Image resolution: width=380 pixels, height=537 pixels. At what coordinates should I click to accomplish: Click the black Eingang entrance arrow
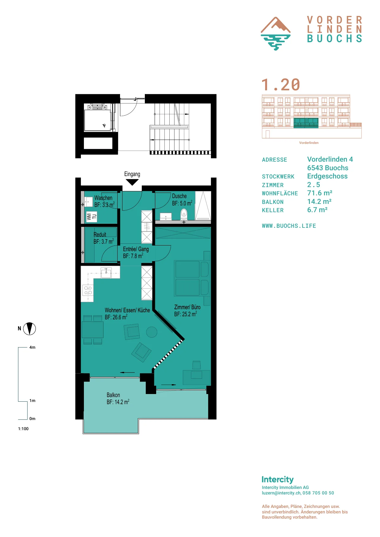(x=132, y=182)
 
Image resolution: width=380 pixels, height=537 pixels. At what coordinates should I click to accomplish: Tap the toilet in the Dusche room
(x=184, y=213)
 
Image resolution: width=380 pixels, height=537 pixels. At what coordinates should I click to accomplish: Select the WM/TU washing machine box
(x=92, y=217)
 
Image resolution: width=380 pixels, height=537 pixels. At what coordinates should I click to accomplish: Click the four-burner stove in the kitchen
(x=88, y=290)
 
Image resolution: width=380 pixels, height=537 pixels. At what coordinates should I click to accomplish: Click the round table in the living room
(x=152, y=332)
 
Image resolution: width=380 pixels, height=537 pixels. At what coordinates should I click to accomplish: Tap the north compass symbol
(x=30, y=329)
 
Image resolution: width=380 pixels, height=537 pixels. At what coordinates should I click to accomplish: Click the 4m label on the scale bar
(x=32, y=347)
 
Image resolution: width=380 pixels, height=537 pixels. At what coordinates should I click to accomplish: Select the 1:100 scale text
(x=23, y=429)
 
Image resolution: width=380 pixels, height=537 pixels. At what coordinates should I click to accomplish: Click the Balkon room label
(x=113, y=395)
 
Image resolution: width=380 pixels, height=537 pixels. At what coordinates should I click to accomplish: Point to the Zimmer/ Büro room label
(x=187, y=307)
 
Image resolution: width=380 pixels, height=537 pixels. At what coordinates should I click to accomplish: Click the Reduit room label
(x=100, y=235)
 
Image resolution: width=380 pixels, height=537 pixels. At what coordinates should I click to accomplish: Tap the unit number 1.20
(x=281, y=85)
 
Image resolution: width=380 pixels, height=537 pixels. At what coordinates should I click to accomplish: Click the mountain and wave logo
(x=276, y=33)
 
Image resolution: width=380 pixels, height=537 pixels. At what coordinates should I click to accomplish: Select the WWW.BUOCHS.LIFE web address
(x=289, y=226)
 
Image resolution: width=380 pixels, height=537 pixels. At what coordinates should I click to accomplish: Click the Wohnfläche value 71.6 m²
(x=320, y=193)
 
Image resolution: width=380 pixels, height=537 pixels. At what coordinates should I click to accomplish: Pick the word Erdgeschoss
(x=327, y=176)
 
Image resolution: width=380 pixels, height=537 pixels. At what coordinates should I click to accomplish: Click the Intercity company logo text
(x=277, y=479)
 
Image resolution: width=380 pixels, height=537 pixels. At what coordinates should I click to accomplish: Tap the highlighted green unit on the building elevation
(x=306, y=123)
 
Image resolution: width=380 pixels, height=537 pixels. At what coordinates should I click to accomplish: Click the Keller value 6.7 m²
(x=317, y=210)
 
